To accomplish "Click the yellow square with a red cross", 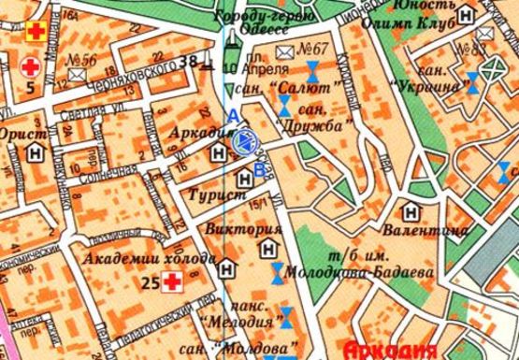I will pos(36,30).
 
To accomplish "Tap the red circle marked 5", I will pos(31,66).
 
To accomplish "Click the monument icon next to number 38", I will pos(209,64).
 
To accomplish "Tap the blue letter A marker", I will pos(233,114).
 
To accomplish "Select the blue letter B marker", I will pos(259,170).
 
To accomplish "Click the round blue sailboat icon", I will pos(245,141).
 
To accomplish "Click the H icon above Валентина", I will pos(410,211).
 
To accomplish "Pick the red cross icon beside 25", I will pos(171,281).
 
